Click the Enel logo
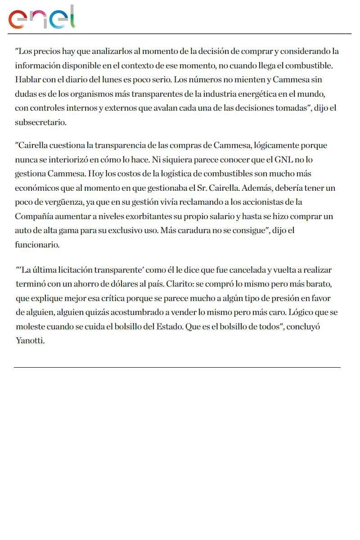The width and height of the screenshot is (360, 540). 42,18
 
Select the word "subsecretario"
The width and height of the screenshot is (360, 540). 40,122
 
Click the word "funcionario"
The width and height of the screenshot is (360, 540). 37,245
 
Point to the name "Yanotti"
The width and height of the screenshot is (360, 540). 30,341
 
